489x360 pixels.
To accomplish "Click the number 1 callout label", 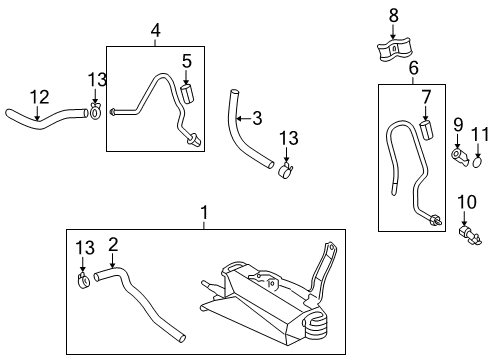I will (x=204, y=213).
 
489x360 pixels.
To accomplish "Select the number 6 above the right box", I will (x=413, y=68).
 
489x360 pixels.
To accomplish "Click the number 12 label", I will (x=38, y=96).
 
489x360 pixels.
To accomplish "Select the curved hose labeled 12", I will (x=40, y=121).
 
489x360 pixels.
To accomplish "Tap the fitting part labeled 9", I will (x=459, y=157).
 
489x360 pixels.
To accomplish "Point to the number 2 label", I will (x=113, y=243).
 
